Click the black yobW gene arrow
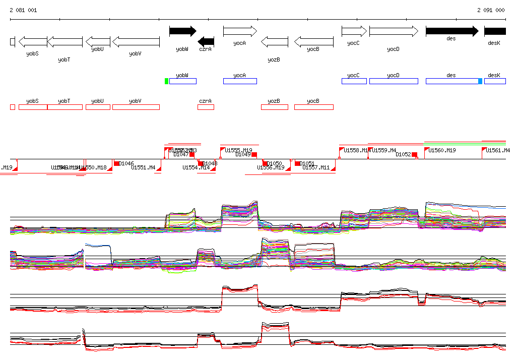click(182, 31)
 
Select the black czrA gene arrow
click(206, 41)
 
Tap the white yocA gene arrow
click(240, 31)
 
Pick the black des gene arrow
click(451, 31)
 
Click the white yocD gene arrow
click(394, 31)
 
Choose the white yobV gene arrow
click(136, 41)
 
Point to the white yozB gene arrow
click(275, 41)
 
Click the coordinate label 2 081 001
click(23, 10)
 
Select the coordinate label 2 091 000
click(491, 10)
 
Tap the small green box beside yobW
click(166, 81)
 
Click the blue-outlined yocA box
click(240, 81)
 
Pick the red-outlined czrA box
click(206, 107)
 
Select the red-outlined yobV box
click(136, 107)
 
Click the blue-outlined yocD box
click(394, 81)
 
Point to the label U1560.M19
click(442, 150)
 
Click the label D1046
click(126, 163)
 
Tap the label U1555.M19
click(239, 150)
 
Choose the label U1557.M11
click(316, 167)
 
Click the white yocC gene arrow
click(354, 31)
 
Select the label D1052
click(404, 155)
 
